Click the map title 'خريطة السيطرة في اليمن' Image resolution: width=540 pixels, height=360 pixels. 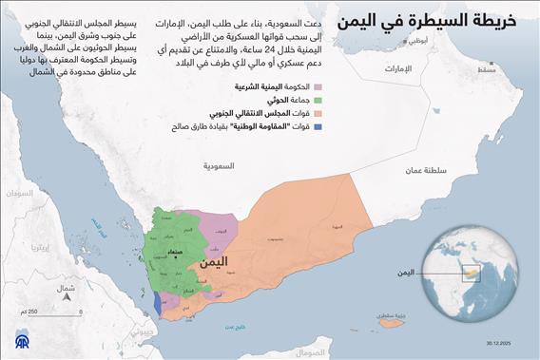(441, 20)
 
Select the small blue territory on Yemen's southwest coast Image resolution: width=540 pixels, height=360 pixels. (156, 303)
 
